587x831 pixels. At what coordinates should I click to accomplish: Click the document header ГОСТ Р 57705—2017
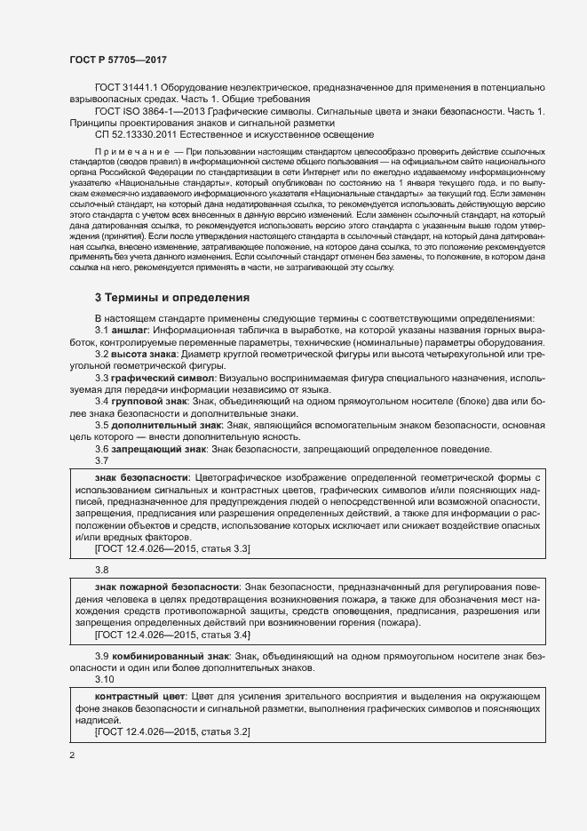coord(118,60)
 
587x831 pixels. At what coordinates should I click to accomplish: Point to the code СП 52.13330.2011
coord(136,134)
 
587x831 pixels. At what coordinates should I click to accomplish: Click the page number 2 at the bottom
coord(71,755)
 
